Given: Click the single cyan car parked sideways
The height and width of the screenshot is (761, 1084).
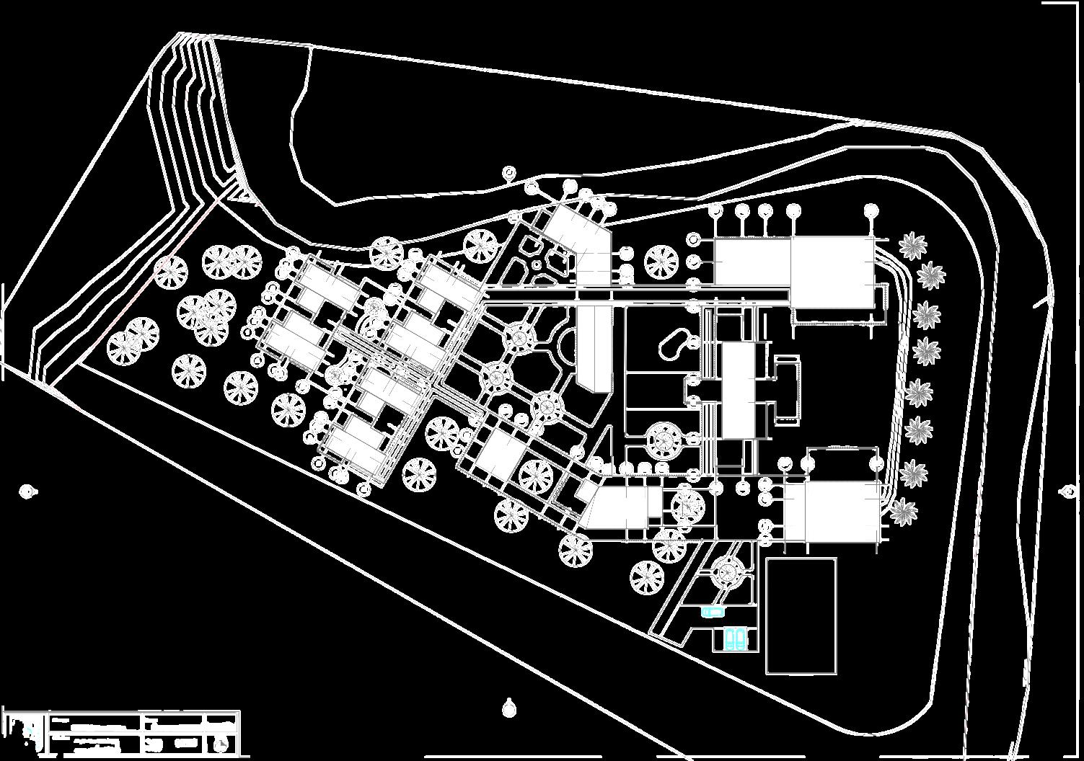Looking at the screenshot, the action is coord(713,612).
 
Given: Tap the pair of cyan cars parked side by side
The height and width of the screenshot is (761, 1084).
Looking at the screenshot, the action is coord(736,638).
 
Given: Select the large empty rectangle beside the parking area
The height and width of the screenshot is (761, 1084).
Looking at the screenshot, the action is coord(801,615).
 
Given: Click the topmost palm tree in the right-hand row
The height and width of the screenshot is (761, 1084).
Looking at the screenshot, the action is coord(912,246).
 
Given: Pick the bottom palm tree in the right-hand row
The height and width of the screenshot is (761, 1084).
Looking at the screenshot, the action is coord(903,511).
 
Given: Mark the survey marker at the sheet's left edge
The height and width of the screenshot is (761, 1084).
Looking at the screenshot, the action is coord(28,491).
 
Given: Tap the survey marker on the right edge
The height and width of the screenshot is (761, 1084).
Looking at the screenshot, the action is coord(1069,492).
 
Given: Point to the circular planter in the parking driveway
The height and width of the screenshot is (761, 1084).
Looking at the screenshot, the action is coord(726,574).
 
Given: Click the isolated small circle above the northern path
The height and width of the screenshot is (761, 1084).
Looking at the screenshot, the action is coord(509,172).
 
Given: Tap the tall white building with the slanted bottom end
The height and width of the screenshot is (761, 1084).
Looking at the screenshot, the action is coord(593,346).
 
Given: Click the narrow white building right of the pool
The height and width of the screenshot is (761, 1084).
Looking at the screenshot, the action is coord(737,389).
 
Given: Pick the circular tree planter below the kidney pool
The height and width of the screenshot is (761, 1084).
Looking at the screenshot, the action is coord(664,440).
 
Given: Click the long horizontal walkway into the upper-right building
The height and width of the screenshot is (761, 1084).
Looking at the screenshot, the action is coord(635,294).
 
